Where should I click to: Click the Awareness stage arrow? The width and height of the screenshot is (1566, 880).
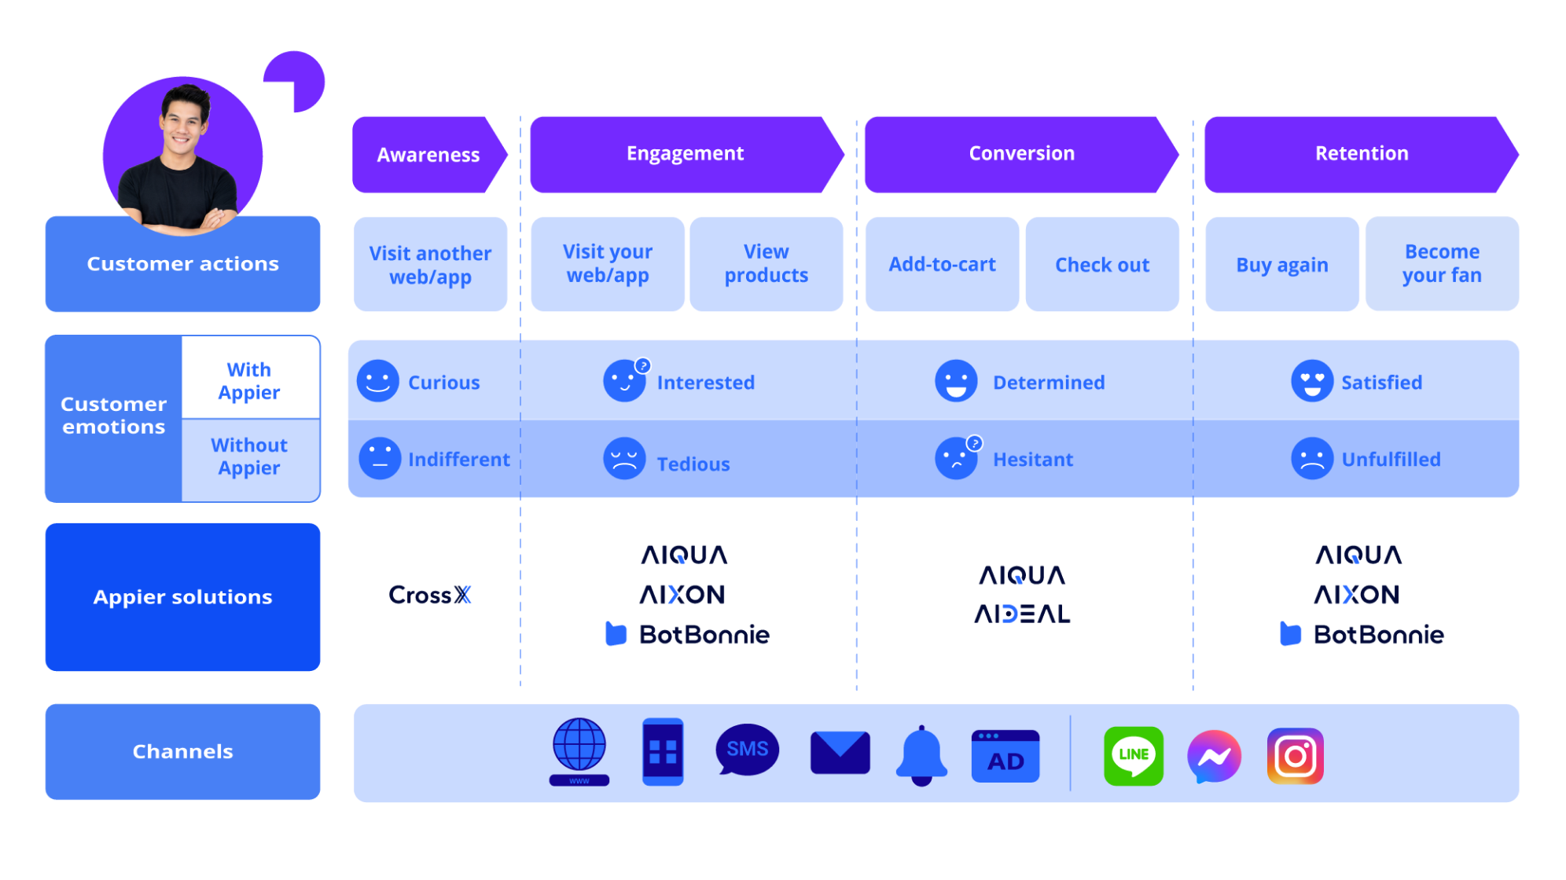point(428,155)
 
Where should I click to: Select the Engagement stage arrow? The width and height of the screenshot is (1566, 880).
point(685,154)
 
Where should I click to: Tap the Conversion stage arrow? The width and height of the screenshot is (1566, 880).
point(1021,154)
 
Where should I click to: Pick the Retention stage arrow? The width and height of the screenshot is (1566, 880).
point(1362,154)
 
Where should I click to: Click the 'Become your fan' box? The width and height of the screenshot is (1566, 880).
point(1442,264)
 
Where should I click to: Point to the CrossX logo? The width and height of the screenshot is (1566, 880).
point(430,596)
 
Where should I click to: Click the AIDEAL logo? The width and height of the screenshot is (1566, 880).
point(1022,614)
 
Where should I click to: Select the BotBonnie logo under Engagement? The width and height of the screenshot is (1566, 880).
point(688,634)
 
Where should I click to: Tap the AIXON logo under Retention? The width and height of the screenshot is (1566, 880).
point(1357,595)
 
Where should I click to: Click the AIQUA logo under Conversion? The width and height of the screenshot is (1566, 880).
point(1022,575)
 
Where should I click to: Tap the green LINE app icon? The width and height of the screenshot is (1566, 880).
point(1133,756)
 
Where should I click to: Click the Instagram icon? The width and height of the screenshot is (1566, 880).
point(1295,757)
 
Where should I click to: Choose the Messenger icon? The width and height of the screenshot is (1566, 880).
point(1214,757)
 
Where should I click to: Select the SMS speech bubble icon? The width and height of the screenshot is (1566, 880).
point(747,750)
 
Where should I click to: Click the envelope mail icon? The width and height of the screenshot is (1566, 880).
point(840,753)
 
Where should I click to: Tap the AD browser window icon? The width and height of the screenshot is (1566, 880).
point(1005,752)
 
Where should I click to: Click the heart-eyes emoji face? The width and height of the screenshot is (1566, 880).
point(1312,384)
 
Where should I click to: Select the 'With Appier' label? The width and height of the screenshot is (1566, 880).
point(249,381)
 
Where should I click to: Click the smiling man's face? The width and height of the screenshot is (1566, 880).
point(184,122)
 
